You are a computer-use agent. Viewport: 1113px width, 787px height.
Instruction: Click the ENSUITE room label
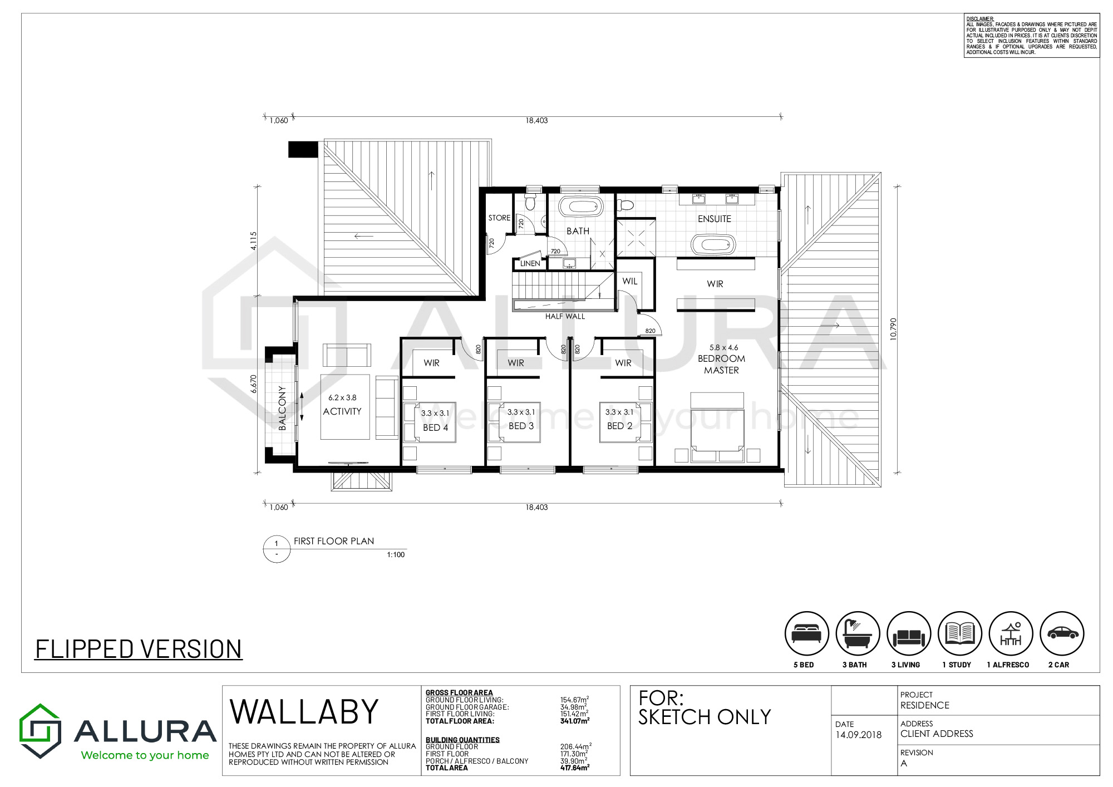pos(715,219)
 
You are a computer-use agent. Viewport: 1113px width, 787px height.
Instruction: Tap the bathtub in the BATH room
pos(581,207)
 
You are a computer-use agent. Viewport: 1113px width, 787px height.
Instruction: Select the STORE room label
pos(499,218)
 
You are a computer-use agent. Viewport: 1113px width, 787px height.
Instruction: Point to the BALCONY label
pos(282,408)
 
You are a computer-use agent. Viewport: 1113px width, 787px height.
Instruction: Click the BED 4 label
pos(435,427)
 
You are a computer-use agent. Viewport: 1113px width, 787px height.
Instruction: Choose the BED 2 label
pos(619,426)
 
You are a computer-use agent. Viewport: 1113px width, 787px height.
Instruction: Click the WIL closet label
pos(630,281)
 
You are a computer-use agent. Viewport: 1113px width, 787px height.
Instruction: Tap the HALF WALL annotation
pos(565,316)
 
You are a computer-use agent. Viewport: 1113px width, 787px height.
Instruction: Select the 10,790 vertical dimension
pos(893,329)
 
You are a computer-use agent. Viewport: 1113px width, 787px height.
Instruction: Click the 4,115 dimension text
pos(253,241)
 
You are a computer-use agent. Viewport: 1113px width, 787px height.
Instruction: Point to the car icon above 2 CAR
pos(1062,633)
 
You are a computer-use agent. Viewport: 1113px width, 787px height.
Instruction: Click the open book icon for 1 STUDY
pos(960,633)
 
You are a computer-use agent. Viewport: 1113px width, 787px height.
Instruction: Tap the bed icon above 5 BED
pos(807,633)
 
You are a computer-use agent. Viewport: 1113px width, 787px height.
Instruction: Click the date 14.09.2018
pos(858,735)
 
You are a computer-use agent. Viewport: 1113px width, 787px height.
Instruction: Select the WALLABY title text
pos(304,712)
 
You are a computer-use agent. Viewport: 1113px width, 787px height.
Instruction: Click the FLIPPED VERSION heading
pos(139,649)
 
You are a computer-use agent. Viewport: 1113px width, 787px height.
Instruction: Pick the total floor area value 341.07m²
pos(575,721)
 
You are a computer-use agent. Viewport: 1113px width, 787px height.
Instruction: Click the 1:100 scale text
pos(396,554)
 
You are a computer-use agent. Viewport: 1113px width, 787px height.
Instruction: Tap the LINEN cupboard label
pos(530,264)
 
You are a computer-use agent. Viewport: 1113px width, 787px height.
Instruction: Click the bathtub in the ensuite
pos(713,245)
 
